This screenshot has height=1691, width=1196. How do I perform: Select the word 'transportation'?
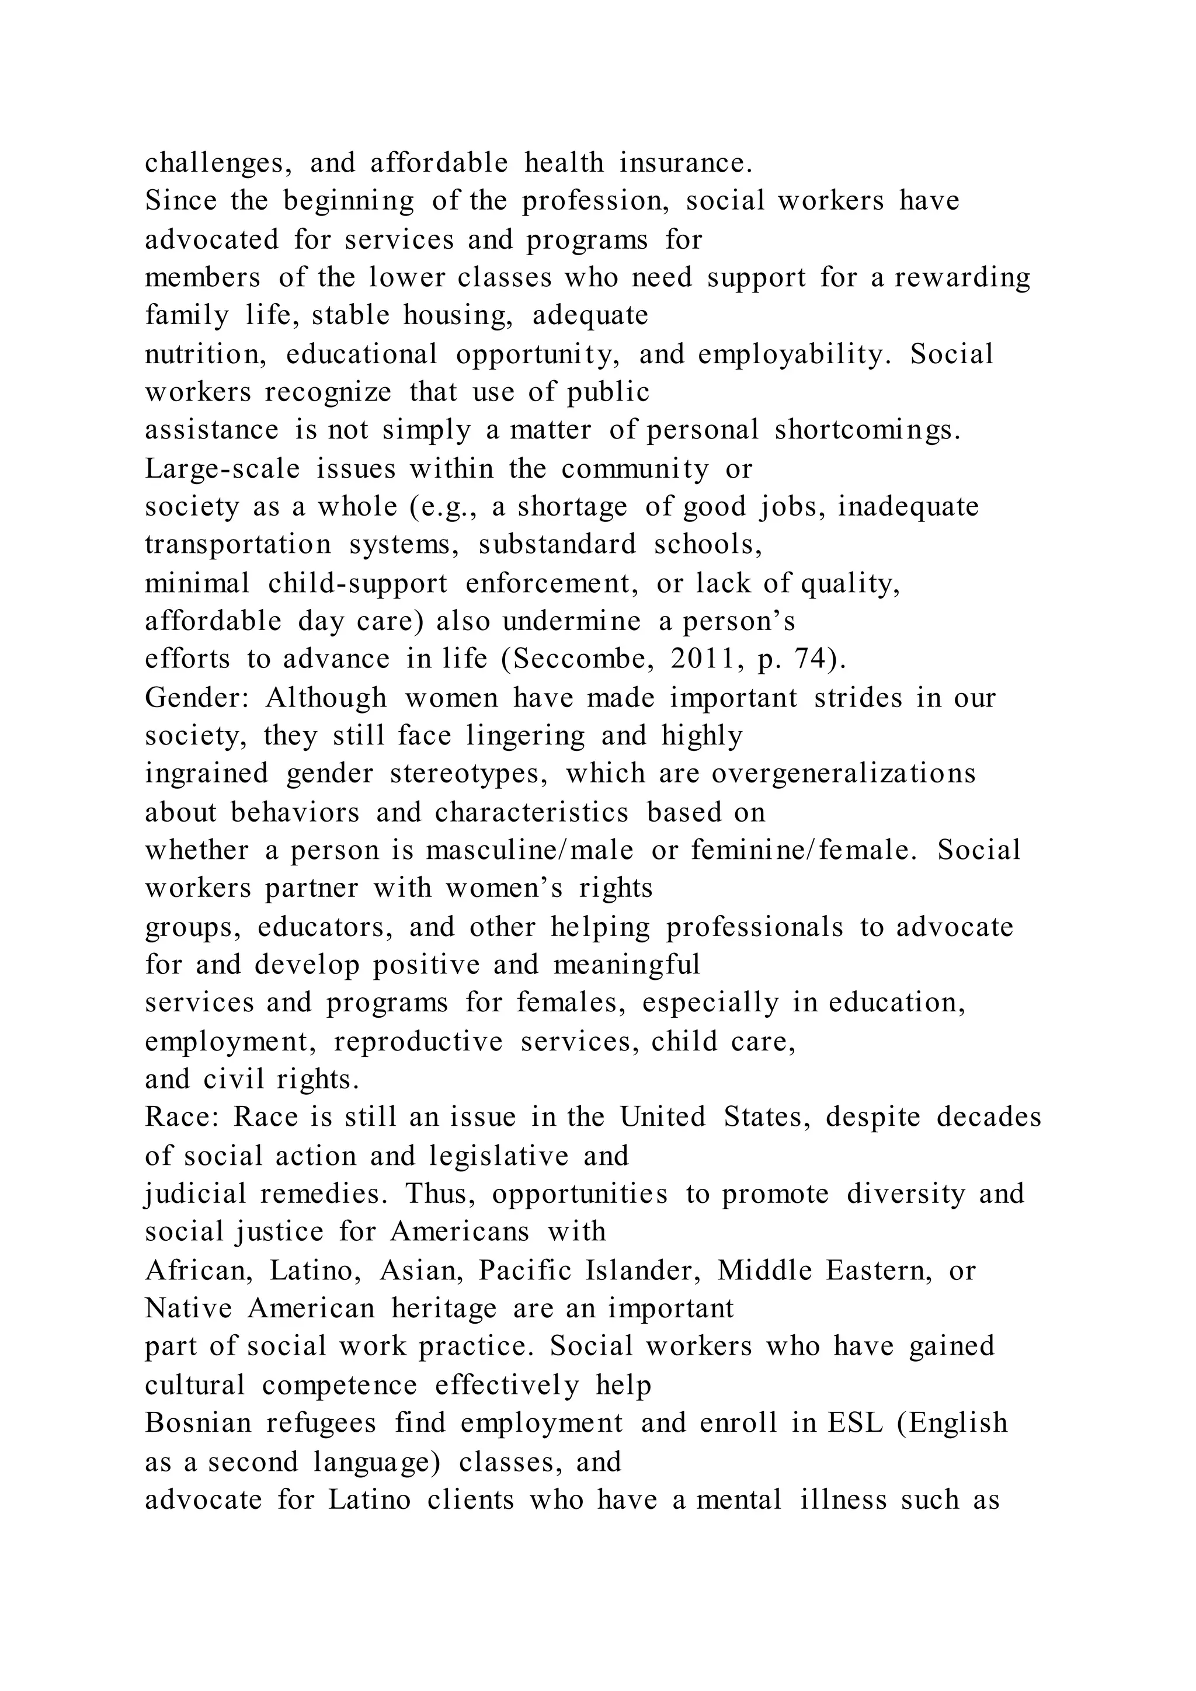pos(238,545)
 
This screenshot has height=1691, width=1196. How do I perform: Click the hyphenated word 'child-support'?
pos(357,584)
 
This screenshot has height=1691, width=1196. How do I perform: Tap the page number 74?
pos(816,659)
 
